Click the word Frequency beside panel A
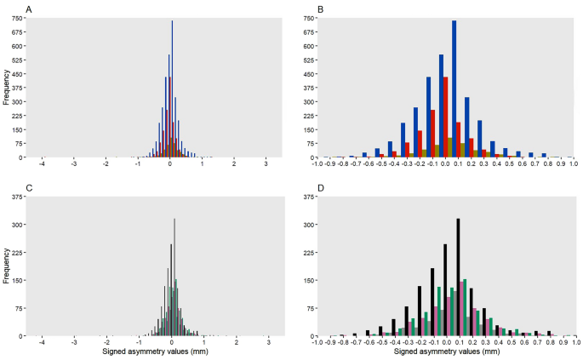point(8,89)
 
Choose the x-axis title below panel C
point(156,351)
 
